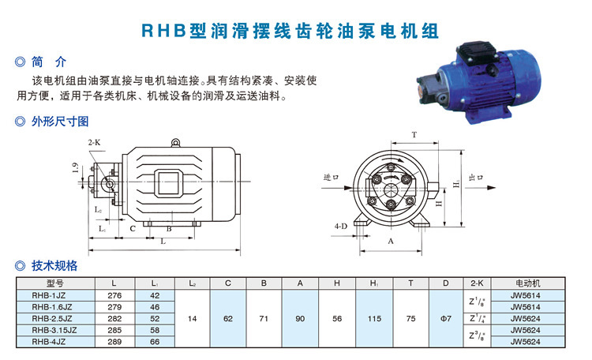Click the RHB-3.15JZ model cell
(54, 330)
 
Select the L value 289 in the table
(114, 342)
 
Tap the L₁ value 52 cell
(155, 318)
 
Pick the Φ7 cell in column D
(446, 318)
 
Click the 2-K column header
(477, 283)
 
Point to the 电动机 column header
(528, 283)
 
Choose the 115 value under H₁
(374, 318)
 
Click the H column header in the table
(337, 283)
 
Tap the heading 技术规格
(54, 265)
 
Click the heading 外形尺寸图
(60, 122)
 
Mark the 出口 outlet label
(476, 177)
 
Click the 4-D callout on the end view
(340, 227)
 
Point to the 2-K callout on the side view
(95, 142)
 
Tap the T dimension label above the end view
(414, 135)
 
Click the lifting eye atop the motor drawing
(175, 143)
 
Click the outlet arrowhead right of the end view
(491, 188)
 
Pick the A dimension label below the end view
(391, 241)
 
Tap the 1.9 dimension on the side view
(76, 167)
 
